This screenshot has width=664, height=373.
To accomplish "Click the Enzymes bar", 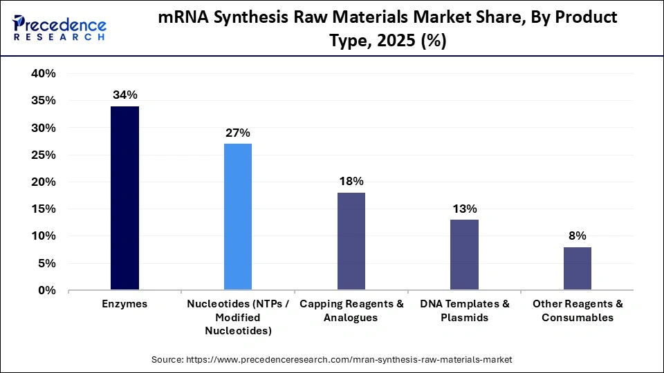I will (x=124, y=198).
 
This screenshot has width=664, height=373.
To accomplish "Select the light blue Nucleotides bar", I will (x=238, y=217).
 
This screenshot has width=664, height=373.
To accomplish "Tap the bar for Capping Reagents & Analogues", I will (x=351, y=241).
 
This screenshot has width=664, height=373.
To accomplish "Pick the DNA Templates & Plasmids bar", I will (x=464, y=255).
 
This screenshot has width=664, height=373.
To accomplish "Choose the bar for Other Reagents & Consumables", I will (x=578, y=269).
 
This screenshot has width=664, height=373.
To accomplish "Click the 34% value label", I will (x=124, y=95).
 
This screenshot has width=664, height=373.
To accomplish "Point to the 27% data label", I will (x=238, y=133).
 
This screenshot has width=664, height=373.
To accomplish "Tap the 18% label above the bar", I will (x=351, y=182).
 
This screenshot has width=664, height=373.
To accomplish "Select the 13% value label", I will (x=464, y=209).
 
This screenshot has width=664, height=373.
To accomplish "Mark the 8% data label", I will (x=578, y=236).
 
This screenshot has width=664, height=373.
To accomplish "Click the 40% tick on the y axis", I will (x=44, y=74).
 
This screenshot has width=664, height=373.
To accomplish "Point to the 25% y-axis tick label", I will (x=44, y=155).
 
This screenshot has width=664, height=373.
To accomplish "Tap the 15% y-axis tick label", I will (x=44, y=209).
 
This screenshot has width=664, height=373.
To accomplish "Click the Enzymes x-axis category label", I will (x=124, y=304).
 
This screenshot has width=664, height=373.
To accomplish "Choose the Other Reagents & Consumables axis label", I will (x=578, y=311).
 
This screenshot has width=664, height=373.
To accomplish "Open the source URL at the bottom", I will (x=332, y=360).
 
